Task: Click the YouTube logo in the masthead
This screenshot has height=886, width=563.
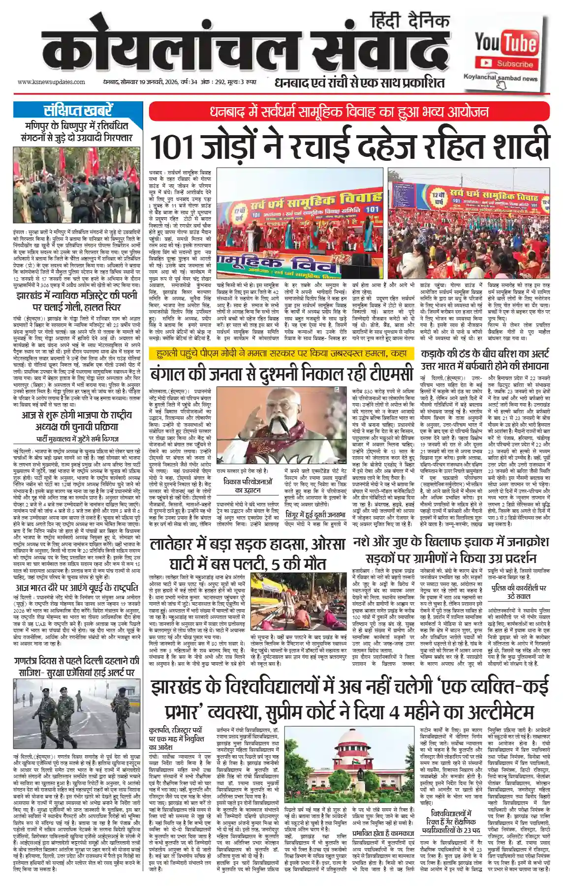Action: pyautogui.click(x=505, y=43)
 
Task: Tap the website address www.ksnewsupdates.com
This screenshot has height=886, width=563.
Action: pyautogui.click(x=51, y=82)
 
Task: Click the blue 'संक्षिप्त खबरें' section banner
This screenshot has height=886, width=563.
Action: pyautogui.click(x=78, y=110)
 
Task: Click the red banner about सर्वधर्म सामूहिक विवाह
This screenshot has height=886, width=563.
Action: pyautogui.click(x=349, y=112)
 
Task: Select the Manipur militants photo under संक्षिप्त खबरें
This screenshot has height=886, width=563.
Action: pyautogui.click(x=77, y=185)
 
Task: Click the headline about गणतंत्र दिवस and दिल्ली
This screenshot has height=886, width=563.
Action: pyautogui.click(x=77, y=667)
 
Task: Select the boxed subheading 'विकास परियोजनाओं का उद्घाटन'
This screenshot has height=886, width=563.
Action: pyautogui.click(x=248, y=486)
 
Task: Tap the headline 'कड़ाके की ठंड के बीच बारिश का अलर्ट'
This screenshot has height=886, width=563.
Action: pyautogui.click(x=485, y=354)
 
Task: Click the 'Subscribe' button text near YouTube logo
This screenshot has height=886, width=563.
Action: pyautogui.click(x=514, y=64)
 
